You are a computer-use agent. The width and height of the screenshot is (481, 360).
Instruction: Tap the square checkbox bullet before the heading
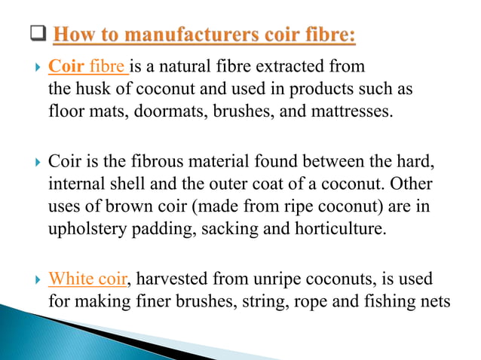click(39, 35)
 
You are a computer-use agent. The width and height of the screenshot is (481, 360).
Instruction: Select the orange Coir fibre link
click(87, 67)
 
